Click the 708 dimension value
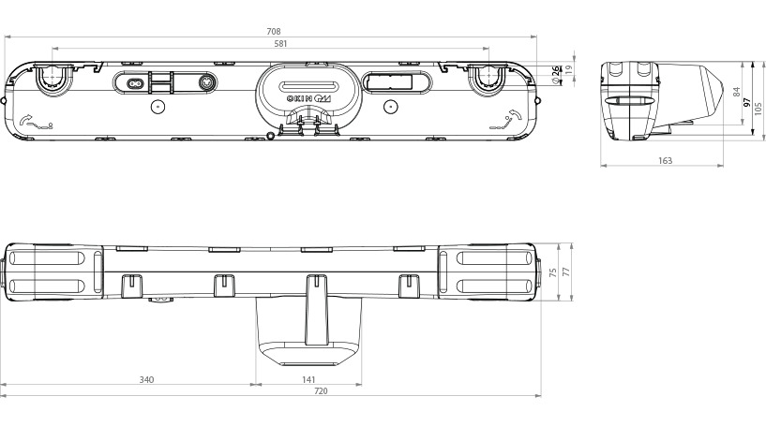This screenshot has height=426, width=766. [274, 32]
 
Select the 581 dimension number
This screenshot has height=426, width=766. [274, 43]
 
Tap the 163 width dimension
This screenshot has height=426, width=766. [665, 161]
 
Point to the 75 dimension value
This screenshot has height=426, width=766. [552, 272]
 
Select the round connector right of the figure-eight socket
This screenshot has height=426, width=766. [203, 82]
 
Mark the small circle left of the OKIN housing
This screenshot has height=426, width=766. [158, 106]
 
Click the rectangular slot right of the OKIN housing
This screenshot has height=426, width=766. [394, 81]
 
